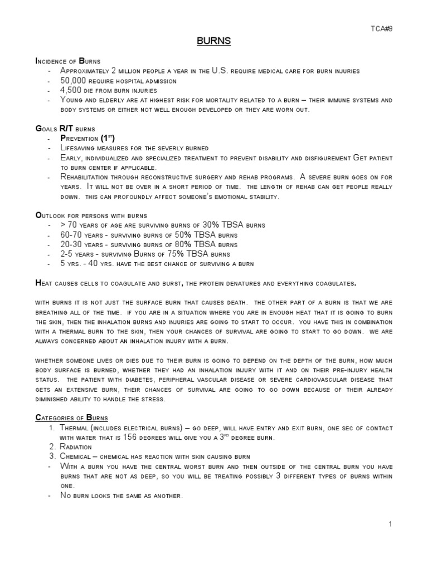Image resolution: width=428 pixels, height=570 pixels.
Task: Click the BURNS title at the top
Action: pyautogui.click(x=214, y=41)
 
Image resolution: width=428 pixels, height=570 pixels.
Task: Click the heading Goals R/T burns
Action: pyautogui.click(x=65, y=128)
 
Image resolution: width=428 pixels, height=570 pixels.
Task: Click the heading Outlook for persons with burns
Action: pyautogui.click(x=91, y=215)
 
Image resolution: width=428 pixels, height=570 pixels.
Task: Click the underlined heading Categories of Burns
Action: pyautogui.click(x=71, y=417)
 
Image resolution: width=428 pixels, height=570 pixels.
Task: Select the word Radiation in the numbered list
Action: pyautogui.click(x=78, y=446)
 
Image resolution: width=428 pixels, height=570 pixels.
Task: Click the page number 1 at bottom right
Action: pyautogui.click(x=391, y=524)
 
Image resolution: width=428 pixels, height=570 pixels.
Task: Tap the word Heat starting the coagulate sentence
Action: pyautogui.click(x=44, y=283)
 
